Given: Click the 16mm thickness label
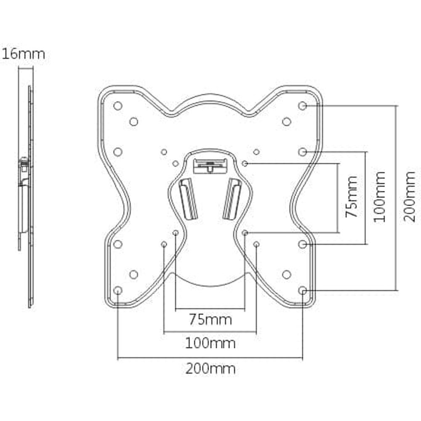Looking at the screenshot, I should [x=23, y=54].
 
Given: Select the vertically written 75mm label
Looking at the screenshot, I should [x=352, y=197].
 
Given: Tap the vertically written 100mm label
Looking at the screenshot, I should [x=379, y=197].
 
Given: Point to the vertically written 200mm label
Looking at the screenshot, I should [x=409, y=197].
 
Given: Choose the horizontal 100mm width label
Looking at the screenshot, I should [x=210, y=344].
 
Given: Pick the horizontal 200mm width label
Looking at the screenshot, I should [x=210, y=369].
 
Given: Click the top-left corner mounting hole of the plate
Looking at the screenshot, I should [x=118, y=106].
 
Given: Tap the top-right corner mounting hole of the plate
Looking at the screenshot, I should [x=302, y=106].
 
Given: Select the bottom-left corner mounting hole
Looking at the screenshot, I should [x=118, y=290].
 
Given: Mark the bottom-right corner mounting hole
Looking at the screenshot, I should [x=302, y=290].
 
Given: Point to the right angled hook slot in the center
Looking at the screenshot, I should [x=232, y=198].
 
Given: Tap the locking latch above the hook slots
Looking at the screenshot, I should [x=209, y=165].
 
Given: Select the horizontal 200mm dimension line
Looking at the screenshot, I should [x=210, y=359].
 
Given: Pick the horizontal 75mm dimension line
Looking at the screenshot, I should [x=210, y=309].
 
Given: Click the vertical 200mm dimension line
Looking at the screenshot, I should [x=396, y=198].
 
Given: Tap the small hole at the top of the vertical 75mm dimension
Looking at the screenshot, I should [x=245, y=163].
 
